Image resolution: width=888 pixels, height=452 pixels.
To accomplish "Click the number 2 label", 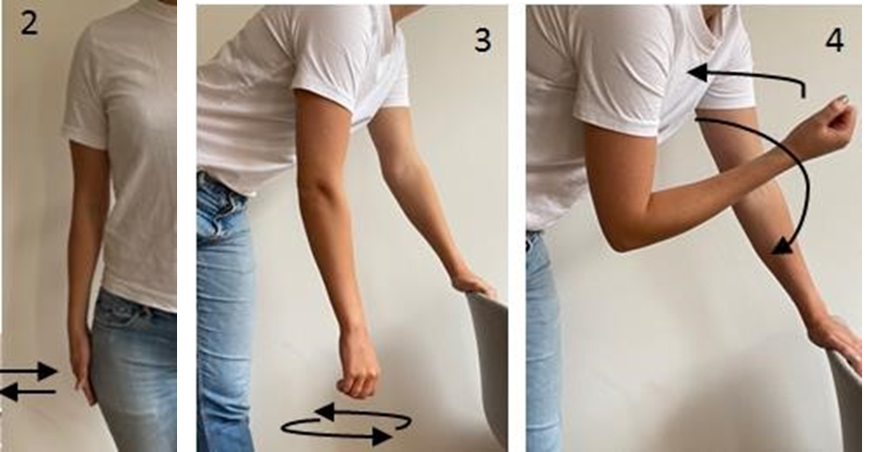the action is [29, 24].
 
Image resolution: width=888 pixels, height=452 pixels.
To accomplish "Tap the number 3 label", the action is [482, 41].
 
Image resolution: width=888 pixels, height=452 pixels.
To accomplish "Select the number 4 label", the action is [834, 40].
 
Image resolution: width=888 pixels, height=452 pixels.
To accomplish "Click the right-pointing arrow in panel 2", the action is [29, 371].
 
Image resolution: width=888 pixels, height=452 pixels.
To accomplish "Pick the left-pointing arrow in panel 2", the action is [29, 392].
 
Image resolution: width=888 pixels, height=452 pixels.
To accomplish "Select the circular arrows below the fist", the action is [346, 424].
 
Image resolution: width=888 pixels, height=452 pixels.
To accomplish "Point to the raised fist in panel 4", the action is [826, 126].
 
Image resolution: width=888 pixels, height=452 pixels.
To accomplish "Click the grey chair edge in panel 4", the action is [847, 402].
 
